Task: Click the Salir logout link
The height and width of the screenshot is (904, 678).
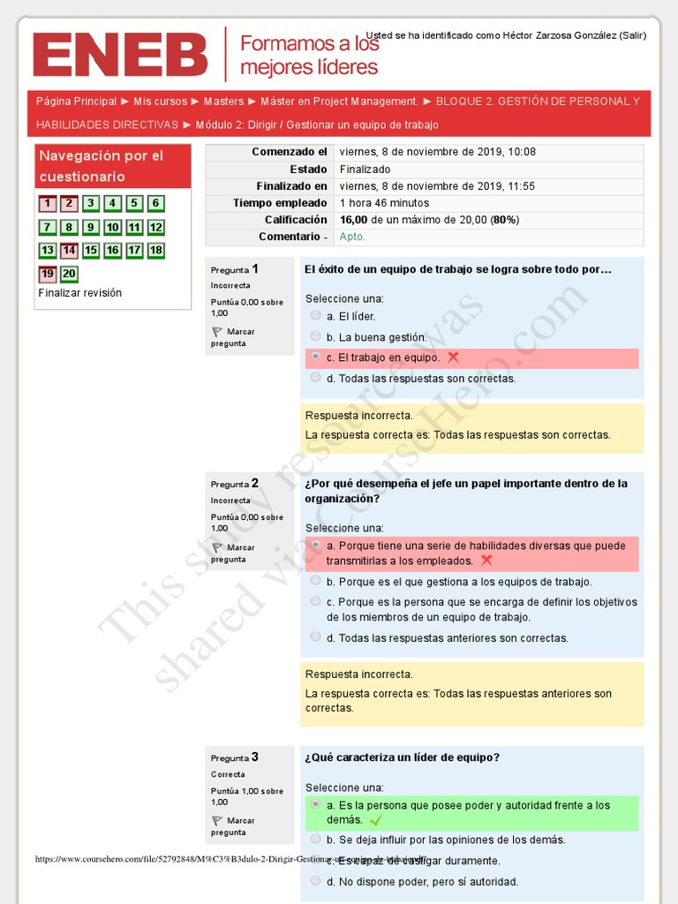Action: point(632,35)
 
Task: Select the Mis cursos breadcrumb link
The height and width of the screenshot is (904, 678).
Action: point(160,102)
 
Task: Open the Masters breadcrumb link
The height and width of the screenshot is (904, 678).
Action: point(223,102)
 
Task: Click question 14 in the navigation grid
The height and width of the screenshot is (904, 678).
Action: point(69,251)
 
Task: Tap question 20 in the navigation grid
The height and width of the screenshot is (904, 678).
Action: point(69,274)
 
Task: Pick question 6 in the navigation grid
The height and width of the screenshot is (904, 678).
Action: point(155,204)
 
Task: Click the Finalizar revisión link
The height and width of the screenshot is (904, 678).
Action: point(80,293)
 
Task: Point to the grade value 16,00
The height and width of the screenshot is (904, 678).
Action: point(353,220)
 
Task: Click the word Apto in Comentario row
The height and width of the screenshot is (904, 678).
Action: point(352,237)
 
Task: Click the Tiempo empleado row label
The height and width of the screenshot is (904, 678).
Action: point(280,203)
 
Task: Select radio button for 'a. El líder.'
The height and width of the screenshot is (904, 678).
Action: point(316,315)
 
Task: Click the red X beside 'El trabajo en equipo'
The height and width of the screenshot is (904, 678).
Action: point(453,358)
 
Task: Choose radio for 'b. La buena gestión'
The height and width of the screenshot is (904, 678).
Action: point(316,336)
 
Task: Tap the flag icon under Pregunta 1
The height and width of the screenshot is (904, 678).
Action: point(217,332)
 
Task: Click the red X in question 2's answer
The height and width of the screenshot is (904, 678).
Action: point(486,561)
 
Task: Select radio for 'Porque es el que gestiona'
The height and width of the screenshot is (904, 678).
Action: point(316,581)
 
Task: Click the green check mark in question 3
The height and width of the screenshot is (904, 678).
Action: point(376,820)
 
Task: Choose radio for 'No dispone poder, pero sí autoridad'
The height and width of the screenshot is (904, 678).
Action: point(316,880)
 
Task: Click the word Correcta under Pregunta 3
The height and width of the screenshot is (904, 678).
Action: point(228,774)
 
